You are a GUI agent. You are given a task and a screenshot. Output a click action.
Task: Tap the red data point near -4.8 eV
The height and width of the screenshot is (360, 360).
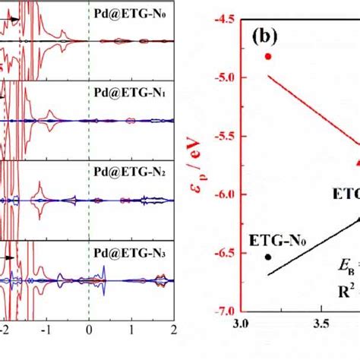coord(267,57)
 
